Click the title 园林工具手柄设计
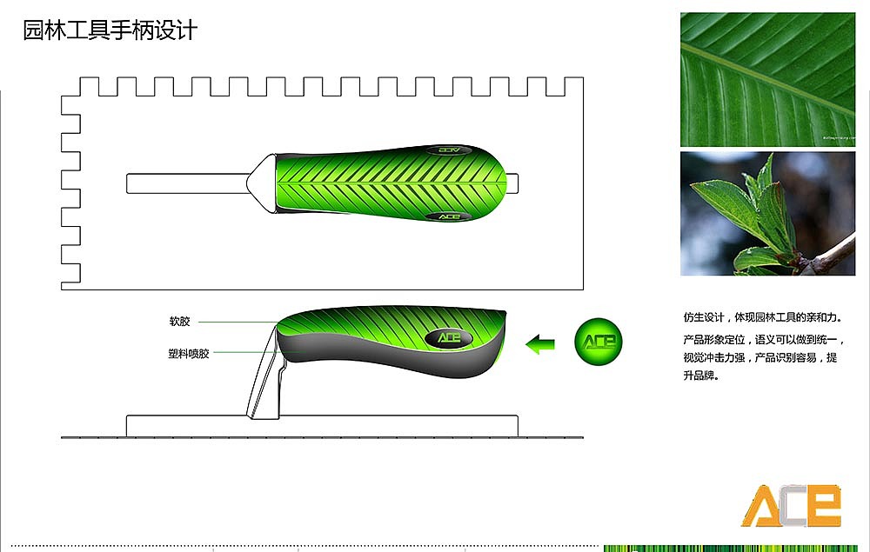[110, 30]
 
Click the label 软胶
[180, 322]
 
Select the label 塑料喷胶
[189, 354]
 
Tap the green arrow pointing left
[540, 344]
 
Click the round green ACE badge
[599, 342]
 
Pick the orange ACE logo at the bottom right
[792, 505]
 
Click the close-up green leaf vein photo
[767, 79]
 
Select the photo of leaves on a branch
[767, 213]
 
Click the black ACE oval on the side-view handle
[449, 337]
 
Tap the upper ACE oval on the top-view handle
[450, 150]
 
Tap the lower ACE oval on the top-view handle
[448, 216]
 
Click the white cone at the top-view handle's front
[261, 183]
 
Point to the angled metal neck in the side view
[265, 372]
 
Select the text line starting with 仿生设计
[763, 317]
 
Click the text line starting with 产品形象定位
[764, 340]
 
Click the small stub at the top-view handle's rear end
[512, 183]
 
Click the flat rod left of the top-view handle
[188, 183]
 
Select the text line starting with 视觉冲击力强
[760, 357]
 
